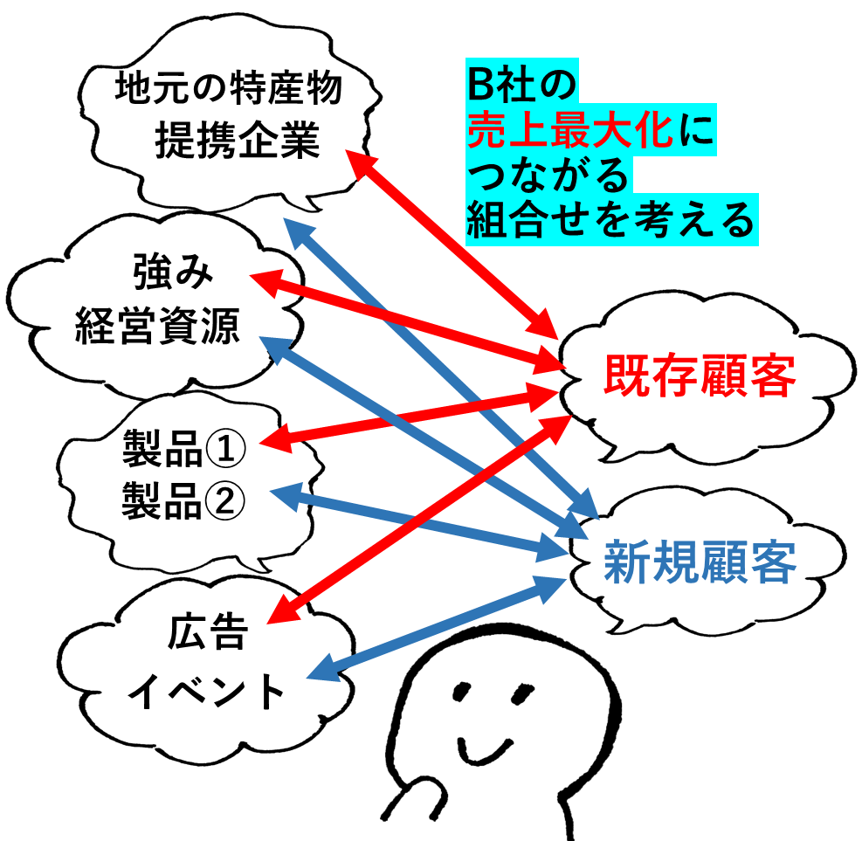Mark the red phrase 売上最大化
pos(569,134)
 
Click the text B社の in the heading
pos(519,86)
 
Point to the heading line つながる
pos(548,177)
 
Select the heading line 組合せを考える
pos(610,221)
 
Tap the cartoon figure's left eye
pos(460,693)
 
